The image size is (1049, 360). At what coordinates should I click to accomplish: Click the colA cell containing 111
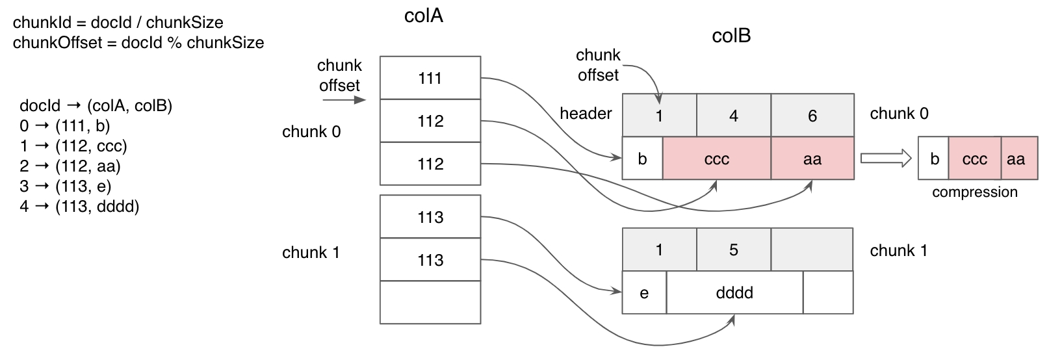(430, 78)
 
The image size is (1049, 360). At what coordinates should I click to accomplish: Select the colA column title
(423, 16)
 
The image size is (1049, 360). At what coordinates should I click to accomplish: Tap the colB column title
(731, 36)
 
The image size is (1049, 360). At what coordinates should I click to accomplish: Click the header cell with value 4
(734, 116)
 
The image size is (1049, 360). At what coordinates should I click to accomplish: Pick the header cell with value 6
(812, 116)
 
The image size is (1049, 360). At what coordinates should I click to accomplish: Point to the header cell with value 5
(734, 250)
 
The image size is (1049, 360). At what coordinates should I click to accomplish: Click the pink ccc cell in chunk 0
(716, 159)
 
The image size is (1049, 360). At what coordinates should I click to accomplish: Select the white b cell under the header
(642, 159)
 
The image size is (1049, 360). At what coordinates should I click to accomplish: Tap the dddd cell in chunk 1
(734, 292)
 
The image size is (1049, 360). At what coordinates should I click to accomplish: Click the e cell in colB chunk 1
(644, 292)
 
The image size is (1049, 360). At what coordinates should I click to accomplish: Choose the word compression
(974, 192)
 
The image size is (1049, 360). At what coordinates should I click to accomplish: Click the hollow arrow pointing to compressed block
(885, 159)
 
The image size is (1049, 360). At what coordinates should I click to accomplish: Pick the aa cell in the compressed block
(1015, 159)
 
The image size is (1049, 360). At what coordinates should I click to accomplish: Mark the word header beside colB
(586, 114)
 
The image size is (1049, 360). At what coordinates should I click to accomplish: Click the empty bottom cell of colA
(430, 302)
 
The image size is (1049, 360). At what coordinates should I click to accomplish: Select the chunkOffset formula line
(138, 43)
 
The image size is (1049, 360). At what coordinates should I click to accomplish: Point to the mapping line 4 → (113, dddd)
(79, 207)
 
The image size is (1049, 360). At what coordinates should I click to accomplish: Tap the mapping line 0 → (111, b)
(65, 126)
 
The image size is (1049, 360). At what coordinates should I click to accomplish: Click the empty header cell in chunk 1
(812, 250)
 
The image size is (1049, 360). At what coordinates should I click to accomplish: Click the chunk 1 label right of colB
(898, 251)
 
